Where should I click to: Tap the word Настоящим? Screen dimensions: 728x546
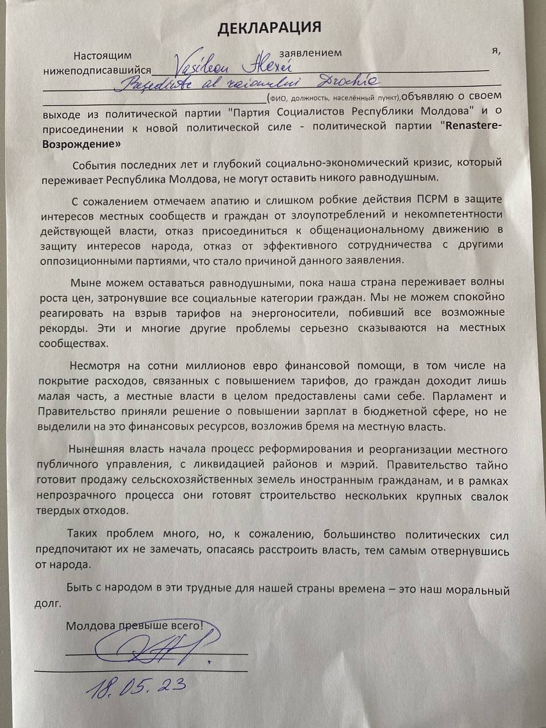102,56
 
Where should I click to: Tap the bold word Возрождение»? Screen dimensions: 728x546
82,144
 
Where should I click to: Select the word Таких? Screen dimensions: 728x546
81,535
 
